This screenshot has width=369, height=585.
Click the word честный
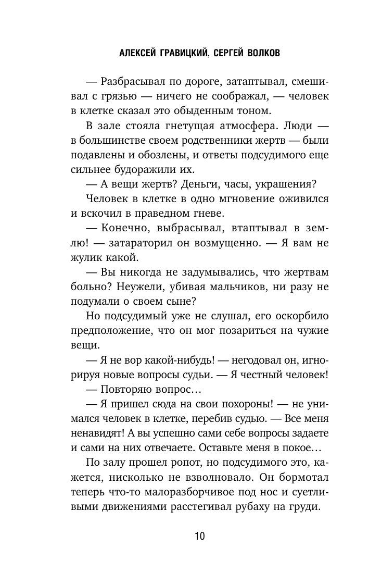260,374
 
